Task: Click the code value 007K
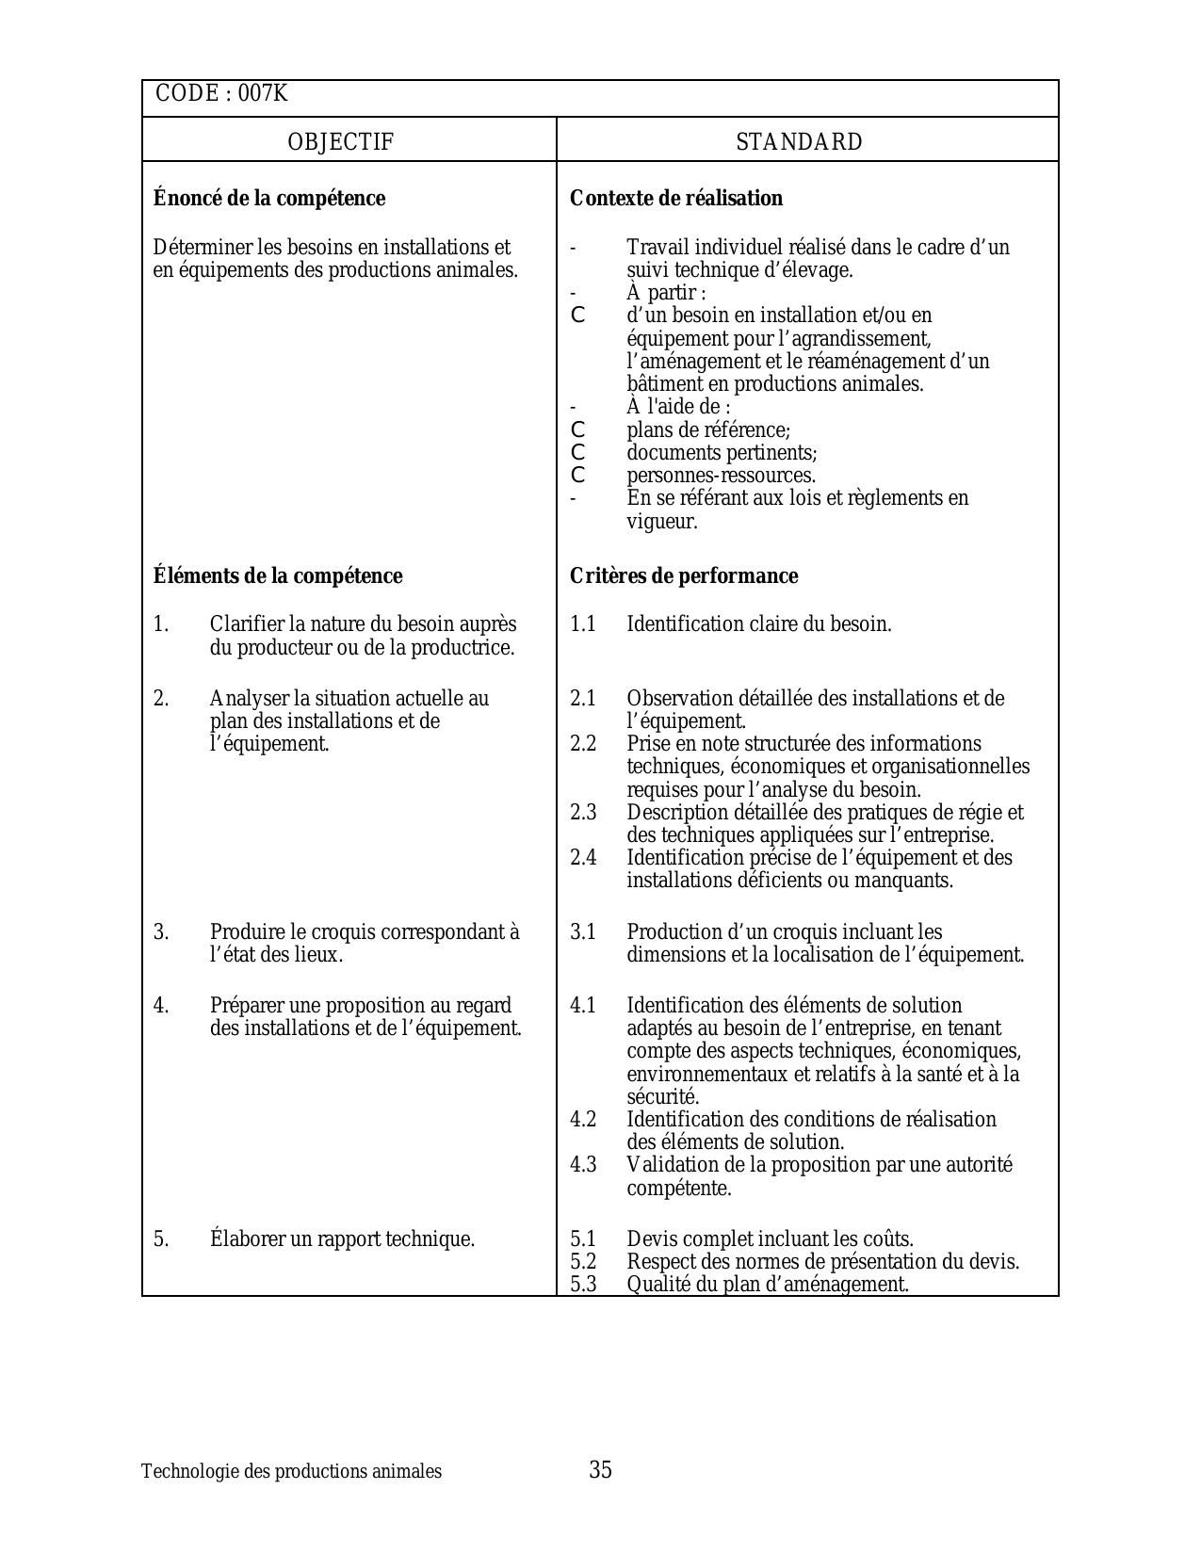click(264, 94)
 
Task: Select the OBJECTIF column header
click(340, 142)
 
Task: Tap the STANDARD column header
click(799, 142)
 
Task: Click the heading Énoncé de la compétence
click(269, 199)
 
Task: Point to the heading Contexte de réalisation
click(676, 199)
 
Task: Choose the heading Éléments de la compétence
click(278, 576)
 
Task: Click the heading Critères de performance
click(684, 576)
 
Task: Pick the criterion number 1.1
click(583, 624)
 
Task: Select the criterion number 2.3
click(584, 813)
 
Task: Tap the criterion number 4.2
click(584, 1120)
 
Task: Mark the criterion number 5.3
click(584, 1285)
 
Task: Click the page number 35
click(601, 1470)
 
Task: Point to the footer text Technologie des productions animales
click(291, 1472)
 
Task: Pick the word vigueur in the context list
click(662, 522)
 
